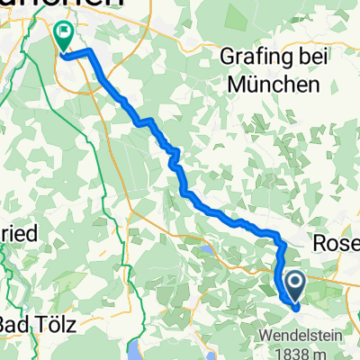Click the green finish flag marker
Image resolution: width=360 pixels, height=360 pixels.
[x=65, y=36]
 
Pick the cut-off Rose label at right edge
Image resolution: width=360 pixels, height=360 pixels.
[x=335, y=243]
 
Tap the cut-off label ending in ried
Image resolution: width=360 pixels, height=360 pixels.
[x=18, y=232]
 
